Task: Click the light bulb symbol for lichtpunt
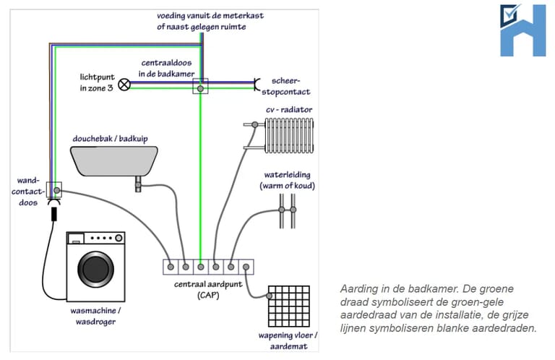click(124, 84)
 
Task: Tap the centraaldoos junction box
click(199, 87)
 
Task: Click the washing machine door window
click(97, 270)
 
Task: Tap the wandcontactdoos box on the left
click(54, 191)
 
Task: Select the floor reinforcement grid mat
click(289, 308)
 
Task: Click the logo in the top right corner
click(522, 30)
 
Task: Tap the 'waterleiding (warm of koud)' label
click(288, 181)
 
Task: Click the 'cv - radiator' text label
click(289, 109)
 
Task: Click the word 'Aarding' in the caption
click(357, 288)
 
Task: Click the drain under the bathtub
click(137, 186)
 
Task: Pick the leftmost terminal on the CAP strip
click(171, 267)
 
